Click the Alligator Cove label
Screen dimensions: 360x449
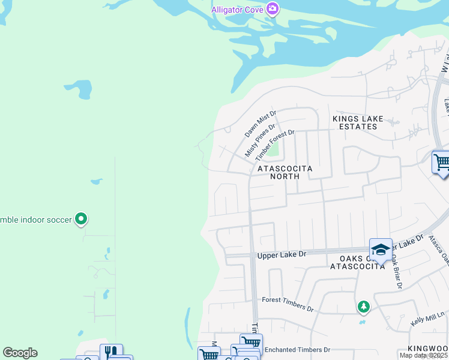[238, 10]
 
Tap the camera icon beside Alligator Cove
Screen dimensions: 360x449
[273, 8]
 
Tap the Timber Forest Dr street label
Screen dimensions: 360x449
[275, 145]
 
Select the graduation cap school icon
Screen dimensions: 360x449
[381, 249]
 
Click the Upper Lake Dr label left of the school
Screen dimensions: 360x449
[282, 255]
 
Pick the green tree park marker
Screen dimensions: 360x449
[363, 307]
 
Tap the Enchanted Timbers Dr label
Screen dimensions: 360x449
[297, 350]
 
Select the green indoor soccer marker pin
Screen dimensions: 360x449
[82, 218]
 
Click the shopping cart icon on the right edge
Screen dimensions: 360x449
[441, 162]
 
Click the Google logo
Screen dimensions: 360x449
[20, 353]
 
